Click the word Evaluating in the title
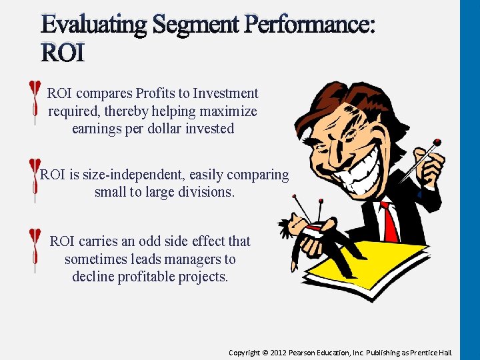95,25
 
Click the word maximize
223,111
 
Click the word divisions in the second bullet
203,193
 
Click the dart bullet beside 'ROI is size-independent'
32,180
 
